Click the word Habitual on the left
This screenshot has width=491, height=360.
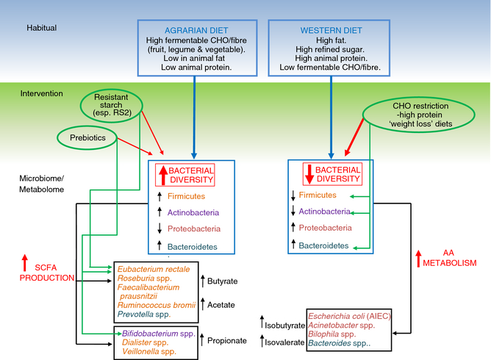click(42, 28)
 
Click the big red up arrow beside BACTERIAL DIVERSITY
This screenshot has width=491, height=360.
click(162, 175)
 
